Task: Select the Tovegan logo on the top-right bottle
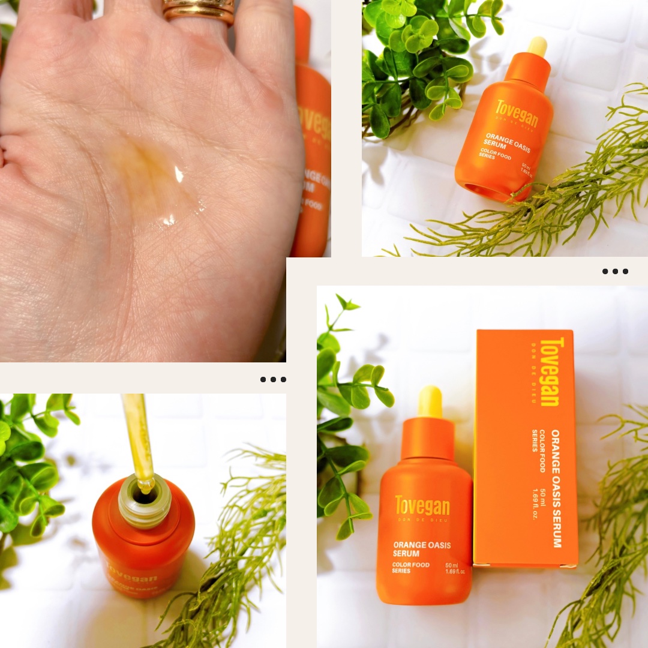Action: (517, 114)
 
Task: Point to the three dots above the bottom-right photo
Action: (615, 271)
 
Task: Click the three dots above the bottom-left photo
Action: (273, 379)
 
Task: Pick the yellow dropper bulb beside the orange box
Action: (430, 401)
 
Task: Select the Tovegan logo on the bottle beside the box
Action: (422, 506)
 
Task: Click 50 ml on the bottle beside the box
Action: (451, 565)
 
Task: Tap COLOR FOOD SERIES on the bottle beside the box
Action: (410, 568)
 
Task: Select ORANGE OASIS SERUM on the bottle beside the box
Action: (422, 548)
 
